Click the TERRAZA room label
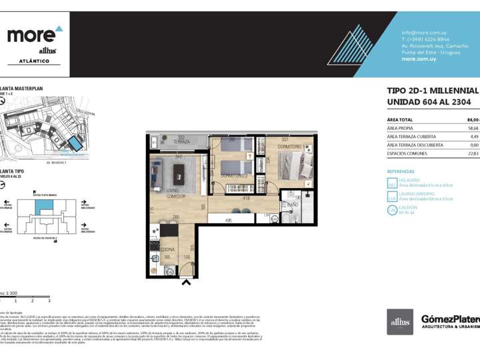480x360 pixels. click(182, 142)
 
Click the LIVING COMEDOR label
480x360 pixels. click(171, 194)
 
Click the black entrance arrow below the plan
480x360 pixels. click(186, 283)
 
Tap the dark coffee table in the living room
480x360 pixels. click(179, 175)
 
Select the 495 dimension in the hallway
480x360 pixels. click(228, 221)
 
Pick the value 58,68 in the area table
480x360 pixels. click(473, 127)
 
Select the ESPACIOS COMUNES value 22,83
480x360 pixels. click(473, 153)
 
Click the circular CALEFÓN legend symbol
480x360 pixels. click(392, 210)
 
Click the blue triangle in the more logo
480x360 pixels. click(59, 29)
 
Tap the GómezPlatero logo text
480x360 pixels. click(450, 319)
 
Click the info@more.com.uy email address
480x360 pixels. click(423, 33)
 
